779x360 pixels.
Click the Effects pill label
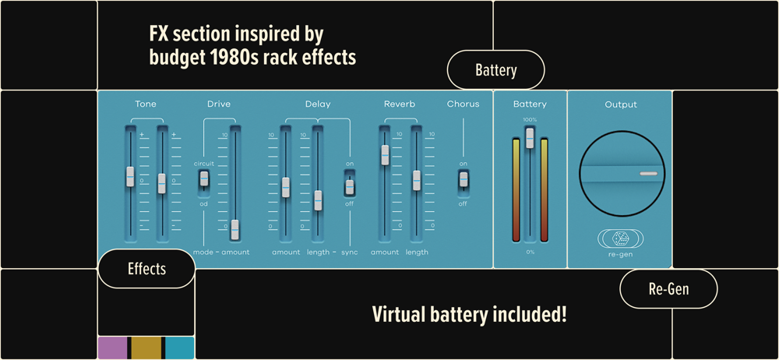[146, 269]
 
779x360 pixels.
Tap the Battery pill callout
[495, 70]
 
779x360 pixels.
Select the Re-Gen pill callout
[668, 289]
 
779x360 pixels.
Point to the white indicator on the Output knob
[648, 174]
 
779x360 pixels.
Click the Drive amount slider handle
[235, 230]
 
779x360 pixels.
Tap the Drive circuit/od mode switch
[203, 178]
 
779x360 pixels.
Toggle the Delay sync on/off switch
[349, 187]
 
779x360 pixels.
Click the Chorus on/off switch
[463, 179]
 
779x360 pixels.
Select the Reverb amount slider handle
[385, 154]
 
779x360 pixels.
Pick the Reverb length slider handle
[416, 181]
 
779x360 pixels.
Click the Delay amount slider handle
[286, 188]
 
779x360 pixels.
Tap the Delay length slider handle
[318, 200]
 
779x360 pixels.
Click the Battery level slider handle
[530, 138]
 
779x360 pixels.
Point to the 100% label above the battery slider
[530, 120]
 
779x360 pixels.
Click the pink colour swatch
[112, 348]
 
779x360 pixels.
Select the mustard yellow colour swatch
[146, 348]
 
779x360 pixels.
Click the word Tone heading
[145, 104]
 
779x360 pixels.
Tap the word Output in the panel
[621, 105]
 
